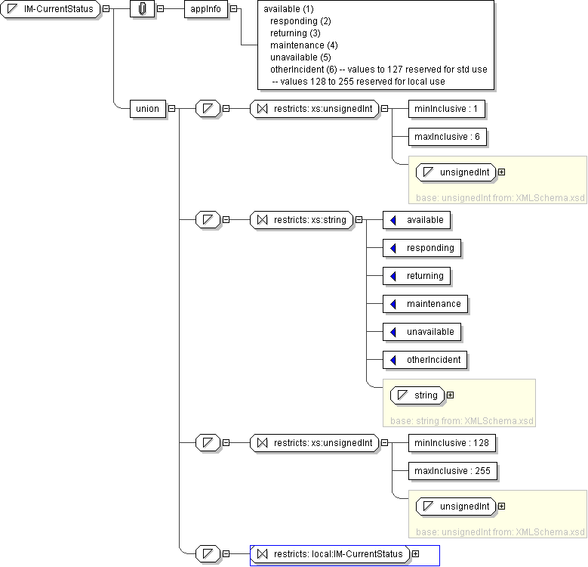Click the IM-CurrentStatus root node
(51, 9)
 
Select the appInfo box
(206, 9)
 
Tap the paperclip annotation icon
(142, 9)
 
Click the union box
(148, 109)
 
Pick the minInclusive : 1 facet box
(447, 109)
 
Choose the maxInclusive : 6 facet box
(448, 137)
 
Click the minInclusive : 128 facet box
(452, 443)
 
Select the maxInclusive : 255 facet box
(453, 471)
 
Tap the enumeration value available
(417, 220)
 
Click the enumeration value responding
(422, 248)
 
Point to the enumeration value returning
(417, 276)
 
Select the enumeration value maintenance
(425, 304)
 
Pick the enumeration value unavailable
(422, 332)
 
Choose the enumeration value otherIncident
(425, 360)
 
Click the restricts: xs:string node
(301, 220)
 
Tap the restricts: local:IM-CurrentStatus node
(330, 554)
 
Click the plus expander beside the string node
(451, 395)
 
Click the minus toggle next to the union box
(172, 109)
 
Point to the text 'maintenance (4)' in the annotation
(303, 45)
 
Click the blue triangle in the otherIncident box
(393, 360)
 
